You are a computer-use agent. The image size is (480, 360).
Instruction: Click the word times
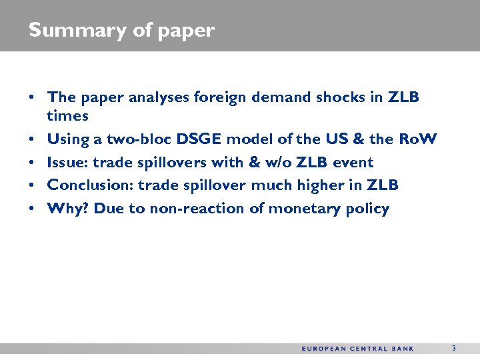pos(67,116)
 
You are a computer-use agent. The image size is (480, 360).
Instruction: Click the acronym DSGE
pos(199,139)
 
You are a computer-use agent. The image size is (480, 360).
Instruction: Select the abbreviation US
pos(338,139)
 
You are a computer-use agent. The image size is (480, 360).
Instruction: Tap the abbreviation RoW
pos(417,139)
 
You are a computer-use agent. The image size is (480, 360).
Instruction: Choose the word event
pos(353,163)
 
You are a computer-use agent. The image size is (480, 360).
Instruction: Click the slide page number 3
pos(454,348)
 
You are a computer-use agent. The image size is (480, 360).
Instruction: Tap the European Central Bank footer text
pos(357,349)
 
